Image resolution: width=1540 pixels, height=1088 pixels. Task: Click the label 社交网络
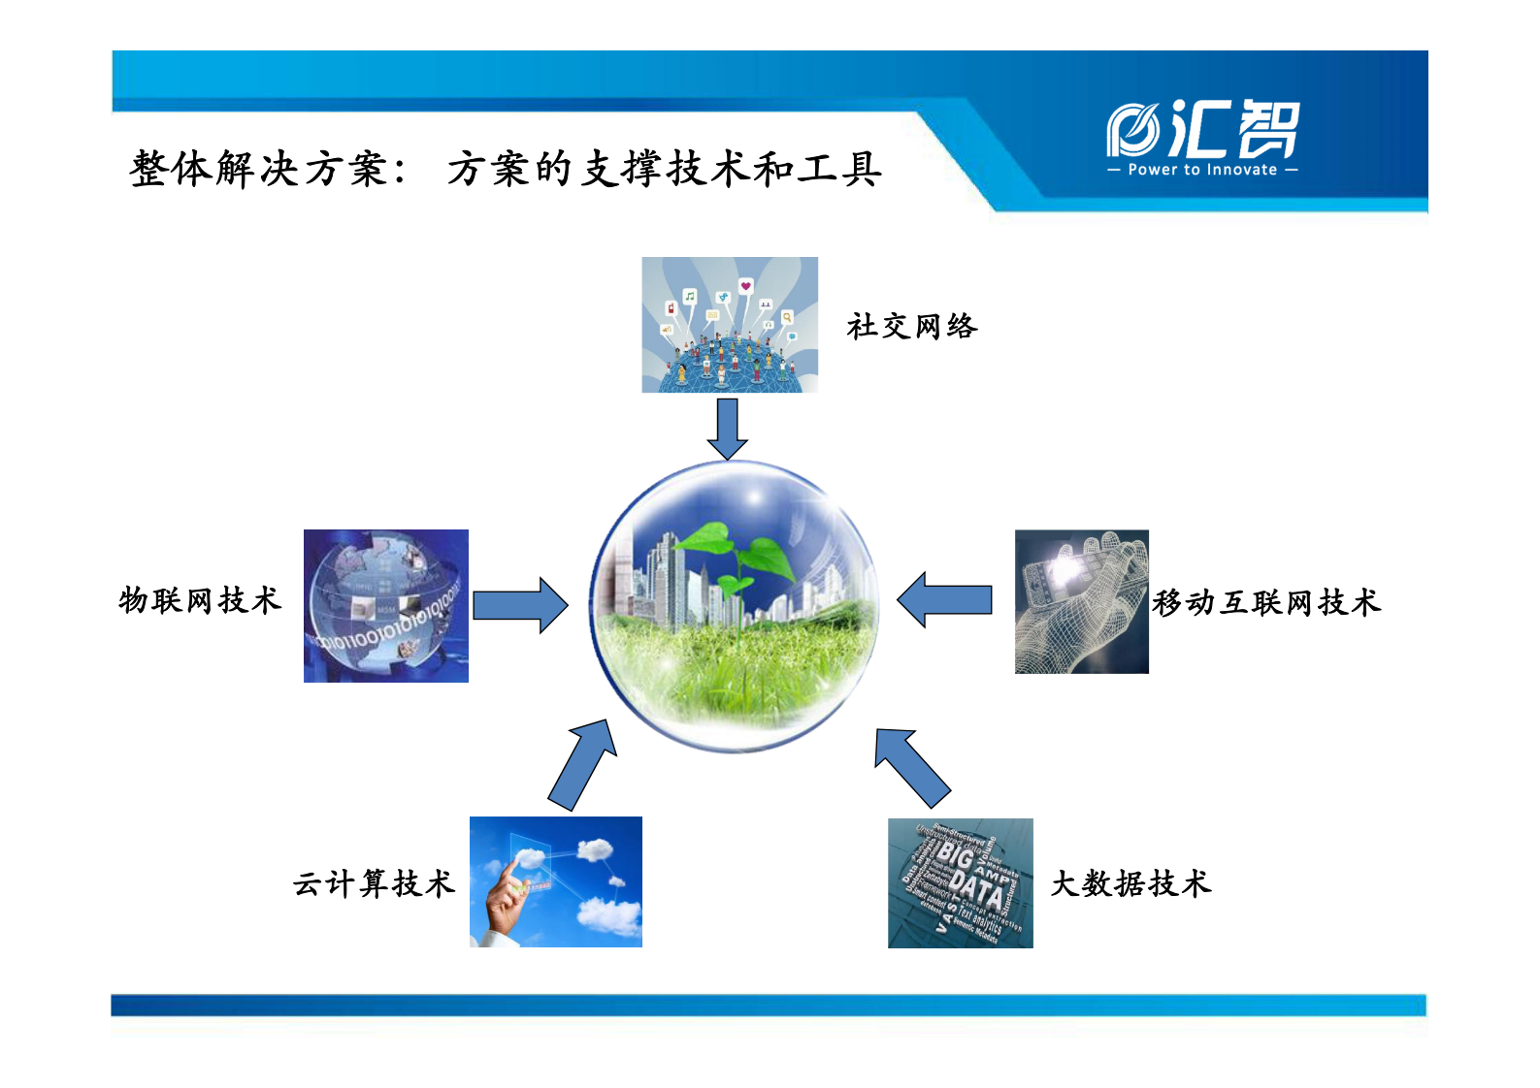point(911,327)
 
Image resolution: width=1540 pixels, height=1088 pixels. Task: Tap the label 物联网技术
point(200,601)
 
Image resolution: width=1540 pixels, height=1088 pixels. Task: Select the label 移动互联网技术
point(1265,603)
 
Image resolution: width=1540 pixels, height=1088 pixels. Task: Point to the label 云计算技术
point(374,884)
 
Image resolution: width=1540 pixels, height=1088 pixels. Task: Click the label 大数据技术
point(1130,884)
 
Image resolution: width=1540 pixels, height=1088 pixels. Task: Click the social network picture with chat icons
point(730,325)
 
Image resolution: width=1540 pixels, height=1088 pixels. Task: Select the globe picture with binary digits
point(386,606)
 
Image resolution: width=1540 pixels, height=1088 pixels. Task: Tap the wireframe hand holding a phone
point(1081,601)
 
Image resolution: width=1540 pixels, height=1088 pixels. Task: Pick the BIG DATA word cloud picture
point(960,883)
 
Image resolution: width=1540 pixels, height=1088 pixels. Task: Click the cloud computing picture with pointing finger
point(555,882)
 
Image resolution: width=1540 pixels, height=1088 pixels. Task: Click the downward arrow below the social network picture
point(727,428)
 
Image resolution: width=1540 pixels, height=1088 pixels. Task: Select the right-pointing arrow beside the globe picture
point(520,606)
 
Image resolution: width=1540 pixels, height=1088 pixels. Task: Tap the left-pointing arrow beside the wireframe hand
point(944,600)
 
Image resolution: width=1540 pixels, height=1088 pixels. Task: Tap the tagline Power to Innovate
point(1202,170)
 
